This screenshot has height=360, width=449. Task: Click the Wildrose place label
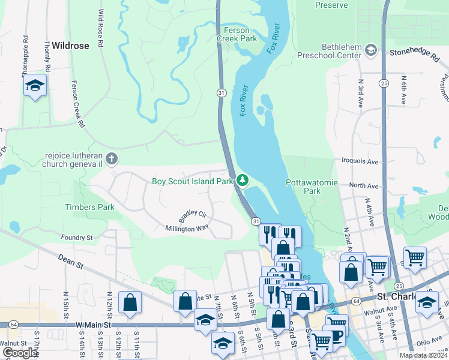pyautogui.click(x=70, y=45)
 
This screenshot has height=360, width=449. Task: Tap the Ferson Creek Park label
pyautogui.click(x=240, y=34)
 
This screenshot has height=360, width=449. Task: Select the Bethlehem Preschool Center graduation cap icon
pyautogui.click(x=370, y=49)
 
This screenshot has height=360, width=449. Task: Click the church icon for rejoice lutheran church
pyautogui.click(x=112, y=159)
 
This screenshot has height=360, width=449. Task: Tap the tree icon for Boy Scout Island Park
pyautogui.click(x=242, y=180)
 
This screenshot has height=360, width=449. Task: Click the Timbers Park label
pyautogui.click(x=89, y=207)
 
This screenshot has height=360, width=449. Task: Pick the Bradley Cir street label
pyautogui.click(x=192, y=214)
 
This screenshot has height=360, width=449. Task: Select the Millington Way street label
pyautogui.click(x=187, y=229)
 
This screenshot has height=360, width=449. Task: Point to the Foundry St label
pyautogui.click(x=76, y=238)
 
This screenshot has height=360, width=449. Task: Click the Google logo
pyautogui.click(x=20, y=352)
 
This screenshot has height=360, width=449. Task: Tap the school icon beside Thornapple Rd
pyautogui.click(x=35, y=88)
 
